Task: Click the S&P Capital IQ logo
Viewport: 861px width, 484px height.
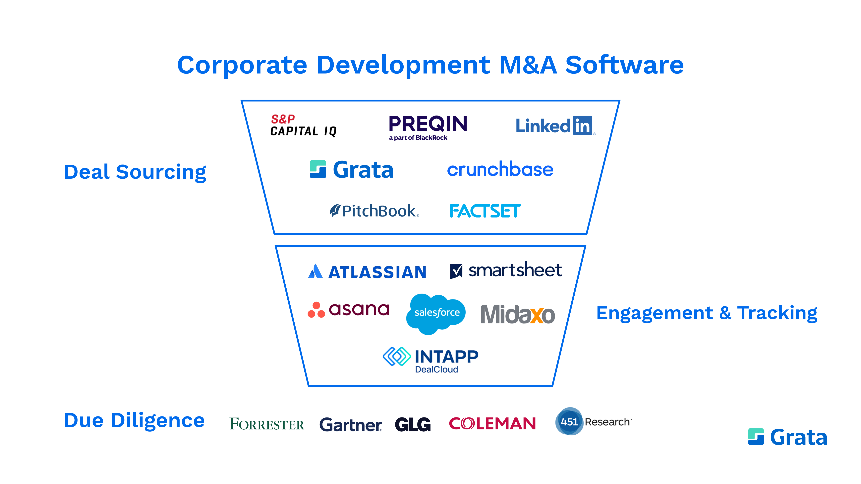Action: tap(303, 126)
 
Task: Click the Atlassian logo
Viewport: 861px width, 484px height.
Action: tap(367, 271)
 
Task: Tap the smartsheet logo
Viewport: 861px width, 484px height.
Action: tap(506, 270)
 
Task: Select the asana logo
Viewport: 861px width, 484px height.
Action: tap(349, 310)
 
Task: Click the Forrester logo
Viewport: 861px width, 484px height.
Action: tap(266, 424)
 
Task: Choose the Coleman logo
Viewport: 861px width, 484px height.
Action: tap(492, 423)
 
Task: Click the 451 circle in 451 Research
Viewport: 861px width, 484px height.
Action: tap(569, 421)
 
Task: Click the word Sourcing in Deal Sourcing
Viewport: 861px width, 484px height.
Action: tap(161, 172)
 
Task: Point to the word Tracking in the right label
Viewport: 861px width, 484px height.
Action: tap(777, 313)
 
